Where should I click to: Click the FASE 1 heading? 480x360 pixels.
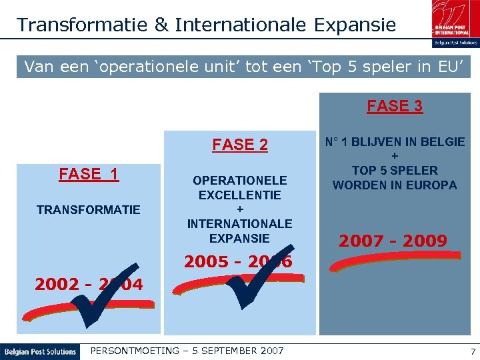(x=89, y=174)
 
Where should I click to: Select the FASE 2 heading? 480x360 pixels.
(x=240, y=145)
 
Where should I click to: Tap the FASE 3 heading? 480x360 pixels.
(x=395, y=106)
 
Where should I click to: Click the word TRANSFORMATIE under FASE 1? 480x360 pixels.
(x=89, y=210)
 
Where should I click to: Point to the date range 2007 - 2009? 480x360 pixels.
(x=393, y=241)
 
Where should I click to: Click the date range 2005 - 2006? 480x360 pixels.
(x=237, y=262)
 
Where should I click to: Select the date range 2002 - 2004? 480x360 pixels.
(x=89, y=285)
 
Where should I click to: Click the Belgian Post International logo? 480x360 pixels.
(x=454, y=21)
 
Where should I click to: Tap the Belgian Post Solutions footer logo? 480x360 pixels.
(x=40, y=351)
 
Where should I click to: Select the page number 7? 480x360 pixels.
(x=472, y=351)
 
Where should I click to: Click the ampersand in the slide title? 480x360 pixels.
(x=162, y=25)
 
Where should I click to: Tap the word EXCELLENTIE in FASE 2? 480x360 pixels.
(x=240, y=195)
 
